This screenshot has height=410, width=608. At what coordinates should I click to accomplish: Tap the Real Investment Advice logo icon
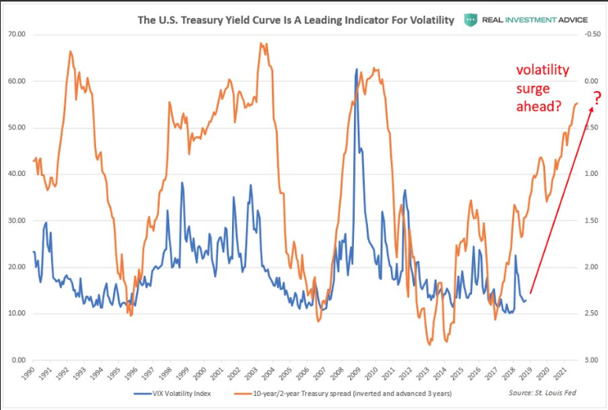471,20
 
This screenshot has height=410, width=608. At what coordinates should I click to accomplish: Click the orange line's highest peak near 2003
260,44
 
